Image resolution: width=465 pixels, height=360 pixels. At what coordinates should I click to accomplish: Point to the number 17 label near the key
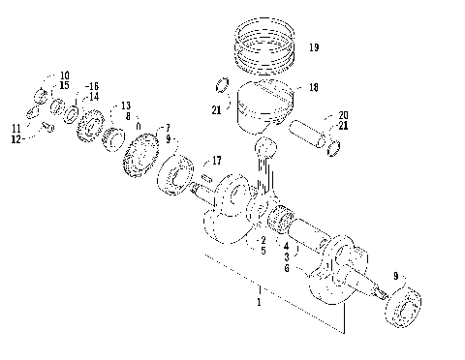217,160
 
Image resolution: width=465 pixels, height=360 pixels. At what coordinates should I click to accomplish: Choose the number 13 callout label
125,105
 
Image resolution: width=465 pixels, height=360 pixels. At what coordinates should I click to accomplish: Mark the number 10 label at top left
64,75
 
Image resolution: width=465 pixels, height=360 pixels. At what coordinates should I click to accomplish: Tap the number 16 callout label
92,86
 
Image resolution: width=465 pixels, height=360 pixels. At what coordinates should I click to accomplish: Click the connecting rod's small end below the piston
263,145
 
